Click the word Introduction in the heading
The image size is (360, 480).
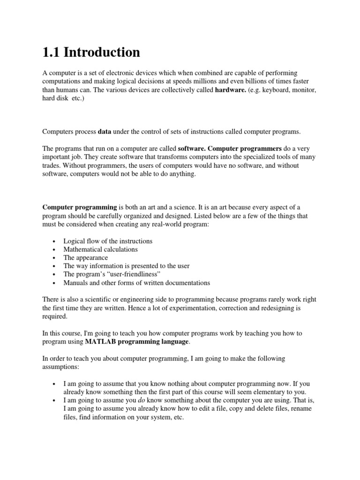click(102, 52)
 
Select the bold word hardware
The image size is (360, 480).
click(230, 90)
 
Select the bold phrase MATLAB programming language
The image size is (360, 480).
click(137, 342)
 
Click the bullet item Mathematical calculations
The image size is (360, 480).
click(100, 249)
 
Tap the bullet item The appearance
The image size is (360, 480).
click(85, 258)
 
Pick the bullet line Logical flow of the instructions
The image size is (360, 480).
click(108, 241)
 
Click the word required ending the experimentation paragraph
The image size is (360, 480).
click(55, 316)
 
